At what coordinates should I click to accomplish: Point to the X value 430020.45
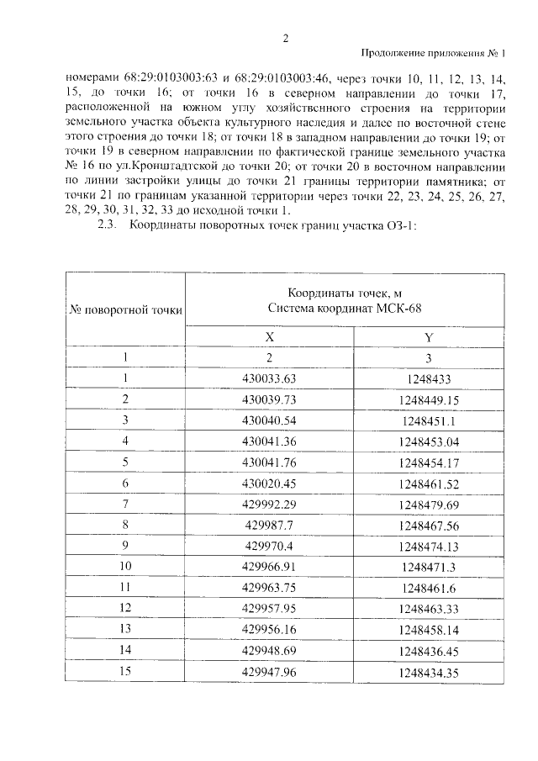[x=270, y=484]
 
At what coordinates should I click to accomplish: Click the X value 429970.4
[x=270, y=547]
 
